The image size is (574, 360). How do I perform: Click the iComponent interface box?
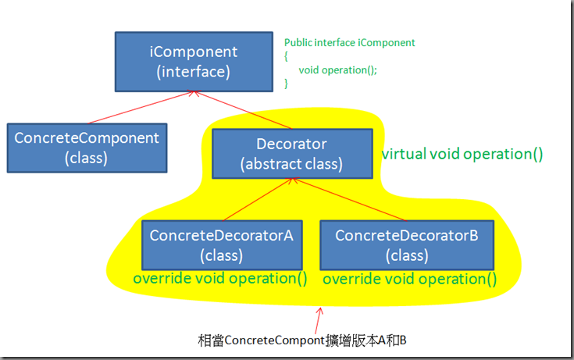(194, 62)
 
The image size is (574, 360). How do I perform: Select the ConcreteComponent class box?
(87, 148)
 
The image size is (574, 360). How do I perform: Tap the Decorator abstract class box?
(293, 154)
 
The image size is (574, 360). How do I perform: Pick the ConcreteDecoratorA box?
(222, 245)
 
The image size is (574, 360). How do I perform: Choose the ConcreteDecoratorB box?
(407, 245)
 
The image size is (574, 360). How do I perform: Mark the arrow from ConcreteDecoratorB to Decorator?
(350, 199)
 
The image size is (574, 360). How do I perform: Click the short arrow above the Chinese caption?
(319, 320)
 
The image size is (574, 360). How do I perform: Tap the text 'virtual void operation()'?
(462, 154)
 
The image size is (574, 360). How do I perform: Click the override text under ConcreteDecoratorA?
(220, 278)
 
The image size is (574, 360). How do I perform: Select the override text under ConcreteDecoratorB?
(410, 279)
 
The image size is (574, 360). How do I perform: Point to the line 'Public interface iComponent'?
(350, 43)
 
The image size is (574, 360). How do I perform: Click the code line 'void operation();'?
(337, 70)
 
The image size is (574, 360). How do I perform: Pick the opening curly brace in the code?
(287, 56)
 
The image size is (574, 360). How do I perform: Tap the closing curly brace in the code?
(287, 84)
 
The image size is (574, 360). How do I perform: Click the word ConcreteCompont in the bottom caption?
(275, 340)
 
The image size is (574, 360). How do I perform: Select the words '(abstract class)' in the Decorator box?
(291, 164)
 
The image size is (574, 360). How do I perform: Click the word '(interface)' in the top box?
(194, 72)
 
